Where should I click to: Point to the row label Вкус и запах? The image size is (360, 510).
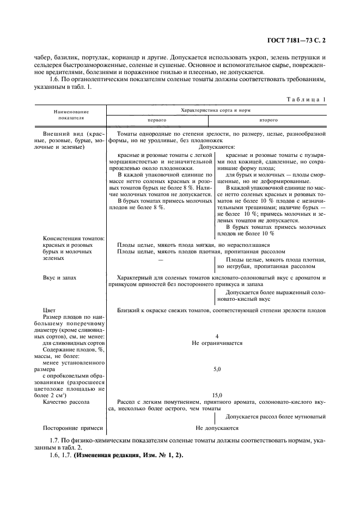(x=59, y=277)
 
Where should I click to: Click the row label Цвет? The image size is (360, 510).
(x=48, y=309)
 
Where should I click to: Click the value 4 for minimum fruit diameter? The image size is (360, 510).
(x=217, y=336)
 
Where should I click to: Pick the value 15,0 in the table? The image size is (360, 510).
(x=217, y=395)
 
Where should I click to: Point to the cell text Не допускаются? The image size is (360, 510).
(x=217, y=428)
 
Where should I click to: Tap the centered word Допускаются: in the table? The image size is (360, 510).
(x=217, y=147)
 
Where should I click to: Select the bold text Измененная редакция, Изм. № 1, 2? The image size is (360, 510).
(x=129, y=455)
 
